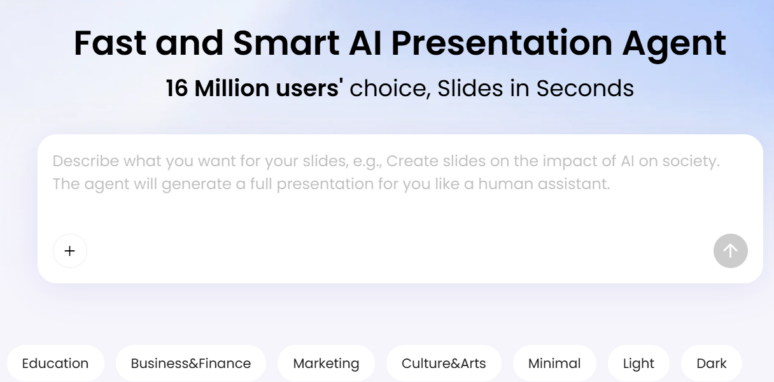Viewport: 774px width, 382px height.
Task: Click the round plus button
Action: pos(70,251)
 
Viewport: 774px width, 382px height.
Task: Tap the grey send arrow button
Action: pos(731,251)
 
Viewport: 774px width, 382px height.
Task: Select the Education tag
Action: pos(55,364)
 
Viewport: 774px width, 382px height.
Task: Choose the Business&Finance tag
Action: pos(191,364)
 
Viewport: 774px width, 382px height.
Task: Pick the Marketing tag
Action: pos(326,364)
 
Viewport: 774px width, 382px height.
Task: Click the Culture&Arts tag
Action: pos(444,364)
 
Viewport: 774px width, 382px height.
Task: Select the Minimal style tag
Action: pos(554,364)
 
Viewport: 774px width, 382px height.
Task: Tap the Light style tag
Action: pos(638,364)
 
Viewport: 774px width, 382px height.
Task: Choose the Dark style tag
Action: pos(712,364)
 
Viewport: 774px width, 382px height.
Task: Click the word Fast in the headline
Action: pos(110,43)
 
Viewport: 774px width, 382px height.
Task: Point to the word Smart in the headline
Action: pos(286,43)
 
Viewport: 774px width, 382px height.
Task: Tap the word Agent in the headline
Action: pos(674,46)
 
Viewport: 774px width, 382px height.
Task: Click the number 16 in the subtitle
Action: pos(177,88)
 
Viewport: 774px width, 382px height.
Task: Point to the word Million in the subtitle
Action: pos(232,88)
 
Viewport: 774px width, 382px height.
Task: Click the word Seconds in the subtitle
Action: pos(585,88)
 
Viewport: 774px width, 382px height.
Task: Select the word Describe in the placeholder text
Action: pos(86,161)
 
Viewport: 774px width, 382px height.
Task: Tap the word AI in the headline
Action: pos(365,43)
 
